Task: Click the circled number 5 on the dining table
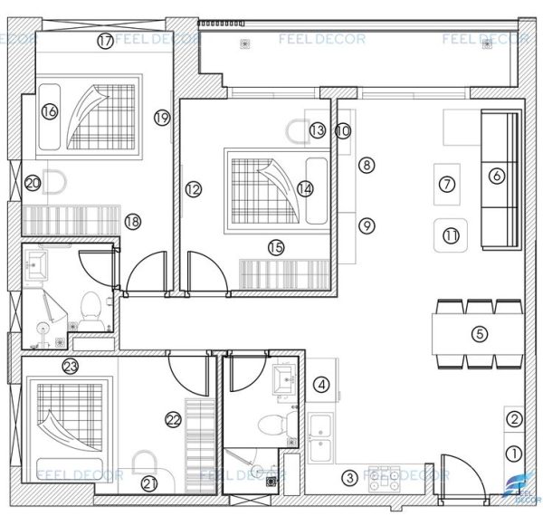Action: point(480,334)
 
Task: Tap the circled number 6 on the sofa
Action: point(496,177)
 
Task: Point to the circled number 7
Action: point(445,184)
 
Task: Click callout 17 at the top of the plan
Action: point(106,41)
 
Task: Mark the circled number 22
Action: point(173,418)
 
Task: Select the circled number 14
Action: point(304,188)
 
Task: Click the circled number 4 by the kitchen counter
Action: point(320,385)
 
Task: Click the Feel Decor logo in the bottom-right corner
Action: point(524,490)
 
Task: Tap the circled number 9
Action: point(366,225)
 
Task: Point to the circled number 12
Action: point(192,189)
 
